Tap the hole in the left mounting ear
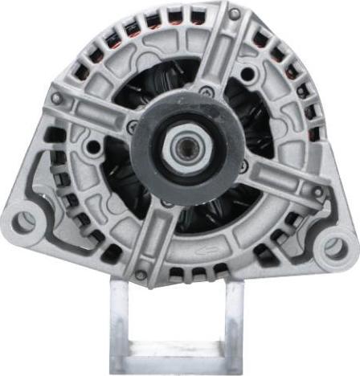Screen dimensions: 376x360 25,221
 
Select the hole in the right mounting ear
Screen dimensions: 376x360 333,247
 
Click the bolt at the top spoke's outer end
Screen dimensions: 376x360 234,14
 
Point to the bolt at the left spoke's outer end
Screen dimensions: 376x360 56,99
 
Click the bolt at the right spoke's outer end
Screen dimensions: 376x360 318,193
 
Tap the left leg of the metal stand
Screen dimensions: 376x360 118,321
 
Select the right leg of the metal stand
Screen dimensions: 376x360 234,321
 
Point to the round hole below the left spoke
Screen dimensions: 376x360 96,147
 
